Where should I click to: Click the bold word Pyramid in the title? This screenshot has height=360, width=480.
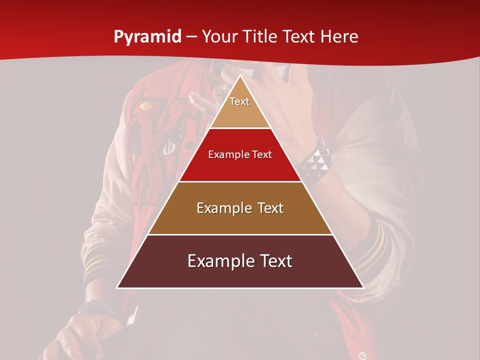(x=147, y=37)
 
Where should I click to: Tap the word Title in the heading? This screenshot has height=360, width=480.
(x=262, y=37)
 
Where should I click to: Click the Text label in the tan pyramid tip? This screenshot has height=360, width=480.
(x=239, y=101)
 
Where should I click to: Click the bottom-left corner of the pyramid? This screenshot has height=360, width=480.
(x=117, y=288)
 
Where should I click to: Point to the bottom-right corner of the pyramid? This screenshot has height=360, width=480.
(x=363, y=288)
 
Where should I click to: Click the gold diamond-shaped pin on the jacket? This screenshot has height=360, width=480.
(x=145, y=106)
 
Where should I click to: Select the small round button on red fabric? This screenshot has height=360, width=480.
(x=362, y=355)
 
